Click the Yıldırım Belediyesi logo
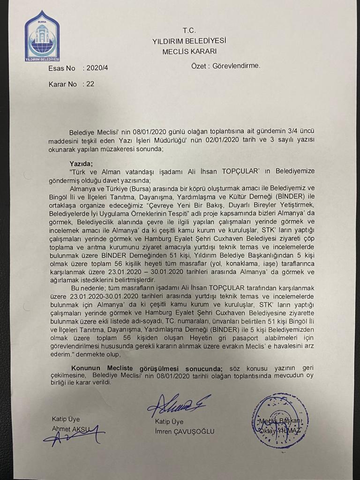(42, 36)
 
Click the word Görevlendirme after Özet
(236, 66)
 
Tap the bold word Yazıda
(81, 164)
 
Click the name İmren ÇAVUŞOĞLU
(185, 431)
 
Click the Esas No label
(61, 68)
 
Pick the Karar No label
(62, 85)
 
